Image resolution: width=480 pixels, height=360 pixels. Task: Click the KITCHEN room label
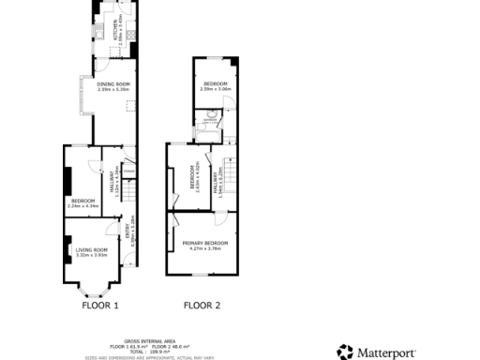(115, 33)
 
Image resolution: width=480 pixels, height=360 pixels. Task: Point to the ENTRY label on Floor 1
(129, 233)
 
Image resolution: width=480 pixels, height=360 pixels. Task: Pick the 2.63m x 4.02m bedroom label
(194, 179)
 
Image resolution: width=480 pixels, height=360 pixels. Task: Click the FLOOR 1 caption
(99, 306)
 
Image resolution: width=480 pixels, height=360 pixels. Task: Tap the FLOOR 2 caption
(202, 306)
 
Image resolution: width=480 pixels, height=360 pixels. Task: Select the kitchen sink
(99, 34)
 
